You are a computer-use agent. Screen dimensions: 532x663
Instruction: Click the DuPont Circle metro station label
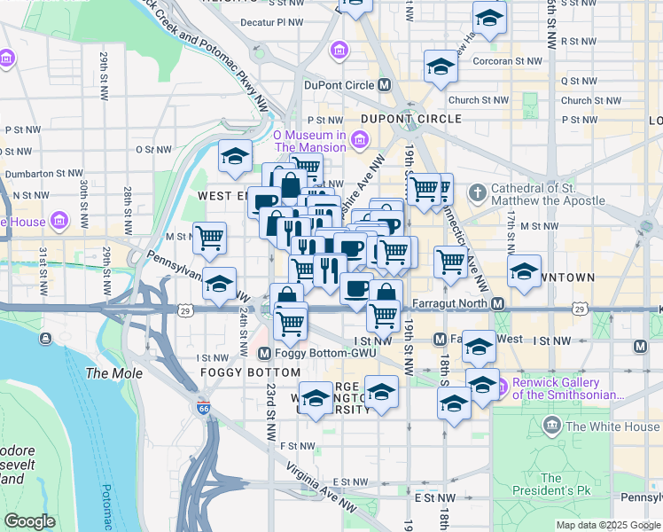(x=334, y=85)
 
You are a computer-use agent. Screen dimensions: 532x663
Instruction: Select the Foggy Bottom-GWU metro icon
(x=263, y=354)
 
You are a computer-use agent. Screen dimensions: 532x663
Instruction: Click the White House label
(x=612, y=426)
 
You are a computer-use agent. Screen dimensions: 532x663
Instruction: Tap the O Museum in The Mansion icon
(x=360, y=139)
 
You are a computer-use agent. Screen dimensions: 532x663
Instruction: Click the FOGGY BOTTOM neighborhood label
(x=249, y=372)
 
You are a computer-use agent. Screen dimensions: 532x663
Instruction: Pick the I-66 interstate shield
(x=204, y=409)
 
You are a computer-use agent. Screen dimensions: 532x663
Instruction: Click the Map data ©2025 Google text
(x=607, y=525)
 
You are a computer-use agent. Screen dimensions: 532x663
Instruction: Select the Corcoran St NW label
(x=508, y=61)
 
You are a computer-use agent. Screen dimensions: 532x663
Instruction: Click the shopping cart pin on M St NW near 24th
(x=210, y=237)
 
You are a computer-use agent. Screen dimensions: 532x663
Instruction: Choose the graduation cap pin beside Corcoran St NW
(x=441, y=66)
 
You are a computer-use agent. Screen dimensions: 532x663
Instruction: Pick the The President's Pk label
(x=550, y=484)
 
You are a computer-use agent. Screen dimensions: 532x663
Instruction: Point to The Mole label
(x=109, y=373)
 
